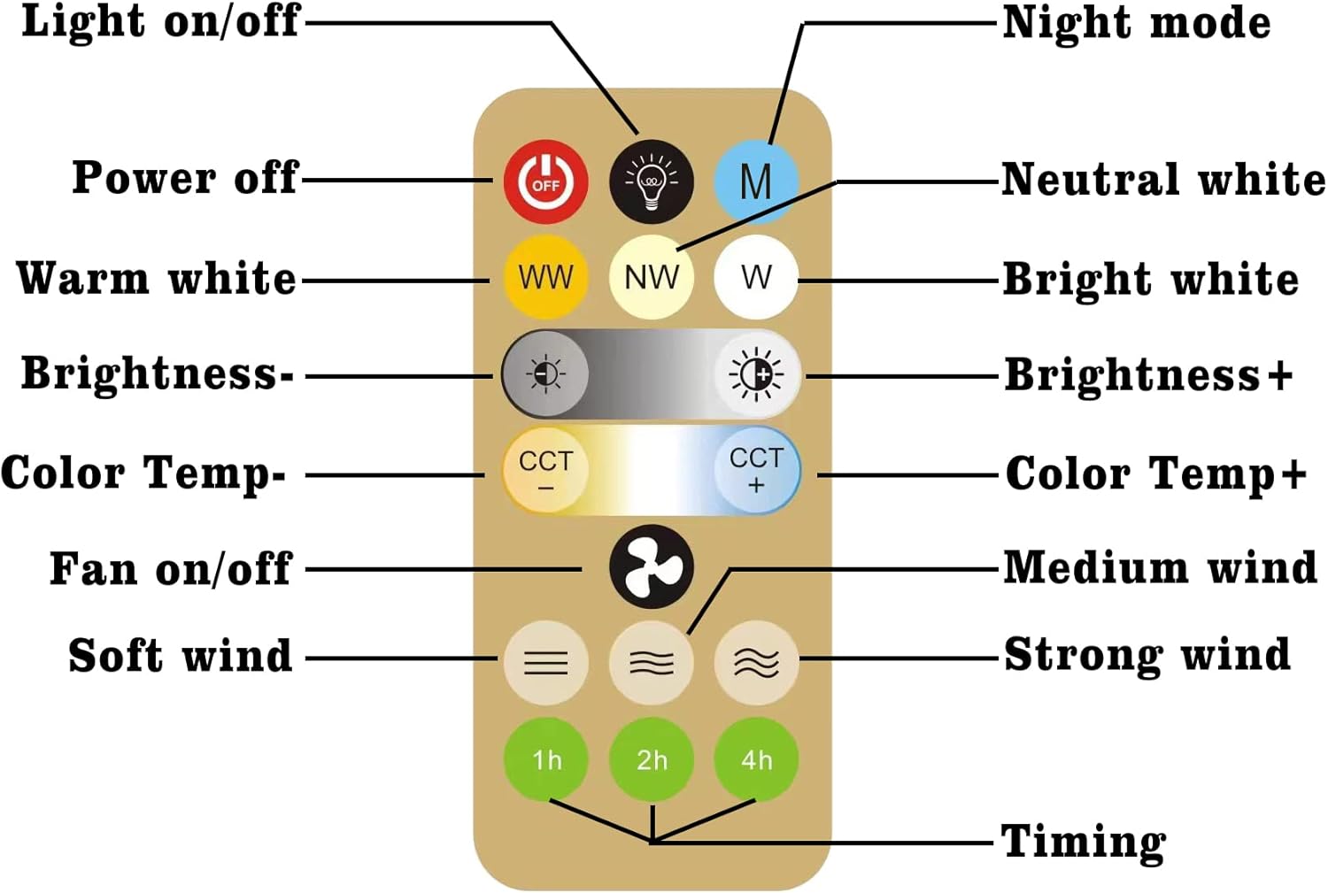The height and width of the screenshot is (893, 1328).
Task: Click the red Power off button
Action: pyautogui.click(x=545, y=181)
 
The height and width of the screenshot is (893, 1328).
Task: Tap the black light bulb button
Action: pyautogui.click(x=651, y=181)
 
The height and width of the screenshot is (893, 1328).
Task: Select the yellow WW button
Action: pyautogui.click(x=545, y=277)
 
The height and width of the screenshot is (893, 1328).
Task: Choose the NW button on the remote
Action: pyautogui.click(x=651, y=277)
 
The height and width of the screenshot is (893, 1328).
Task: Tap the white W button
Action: pyautogui.click(x=756, y=277)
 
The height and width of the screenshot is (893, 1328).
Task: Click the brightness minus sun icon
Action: pyautogui.click(x=545, y=374)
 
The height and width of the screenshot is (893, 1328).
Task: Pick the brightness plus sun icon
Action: pyautogui.click(x=756, y=374)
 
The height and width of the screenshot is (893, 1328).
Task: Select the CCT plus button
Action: pyautogui.click(x=756, y=470)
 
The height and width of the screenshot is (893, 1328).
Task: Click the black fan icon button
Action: pyautogui.click(x=651, y=567)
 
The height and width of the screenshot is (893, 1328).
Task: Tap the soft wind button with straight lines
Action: pyautogui.click(x=545, y=662)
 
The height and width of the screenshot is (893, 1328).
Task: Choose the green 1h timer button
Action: pyautogui.click(x=545, y=759)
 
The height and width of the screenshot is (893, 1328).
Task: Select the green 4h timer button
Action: pyautogui.click(x=756, y=759)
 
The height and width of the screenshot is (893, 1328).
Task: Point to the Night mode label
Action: pyautogui.click(x=1136, y=23)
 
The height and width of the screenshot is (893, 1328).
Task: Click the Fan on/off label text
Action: pyautogui.click(x=170, y=568)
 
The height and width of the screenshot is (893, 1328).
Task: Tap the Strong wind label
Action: pyautogui.click(x=1147, y=655)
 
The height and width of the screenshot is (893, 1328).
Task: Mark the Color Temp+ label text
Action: pyautogui.click(x=1155, y=473)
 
